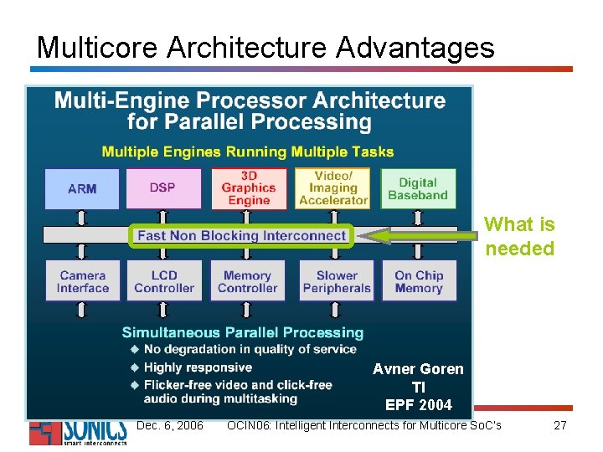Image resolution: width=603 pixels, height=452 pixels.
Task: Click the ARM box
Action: click(82, 188)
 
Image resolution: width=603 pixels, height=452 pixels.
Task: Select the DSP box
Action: click(163, 188)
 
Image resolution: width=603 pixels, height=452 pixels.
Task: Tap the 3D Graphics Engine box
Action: click(249, 188)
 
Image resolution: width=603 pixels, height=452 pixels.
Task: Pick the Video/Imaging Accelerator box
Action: click(333, 188)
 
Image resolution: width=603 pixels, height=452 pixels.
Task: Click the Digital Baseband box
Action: click(418, 188)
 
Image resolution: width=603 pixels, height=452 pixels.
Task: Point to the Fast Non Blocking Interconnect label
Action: click(242, 235)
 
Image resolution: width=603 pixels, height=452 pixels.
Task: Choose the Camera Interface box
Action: click(83, 281)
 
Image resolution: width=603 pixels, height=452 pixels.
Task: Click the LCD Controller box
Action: click(164, 281)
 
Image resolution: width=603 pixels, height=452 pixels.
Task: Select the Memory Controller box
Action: click(248, 281)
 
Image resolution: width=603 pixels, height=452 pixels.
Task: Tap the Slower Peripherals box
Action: click(337, 281)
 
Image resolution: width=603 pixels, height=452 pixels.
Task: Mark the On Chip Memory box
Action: click(419, 281)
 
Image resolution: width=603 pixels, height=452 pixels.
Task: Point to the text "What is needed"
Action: click(519, 236)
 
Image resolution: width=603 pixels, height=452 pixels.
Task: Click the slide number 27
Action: click(560, 425)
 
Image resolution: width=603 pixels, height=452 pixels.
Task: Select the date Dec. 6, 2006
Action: click(169, 425)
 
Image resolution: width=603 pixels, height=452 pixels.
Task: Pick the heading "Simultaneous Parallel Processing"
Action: click(243, 332)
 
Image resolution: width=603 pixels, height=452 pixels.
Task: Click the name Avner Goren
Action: click(418, 369)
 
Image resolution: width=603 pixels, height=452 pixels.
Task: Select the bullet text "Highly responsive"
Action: click(198, 367)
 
